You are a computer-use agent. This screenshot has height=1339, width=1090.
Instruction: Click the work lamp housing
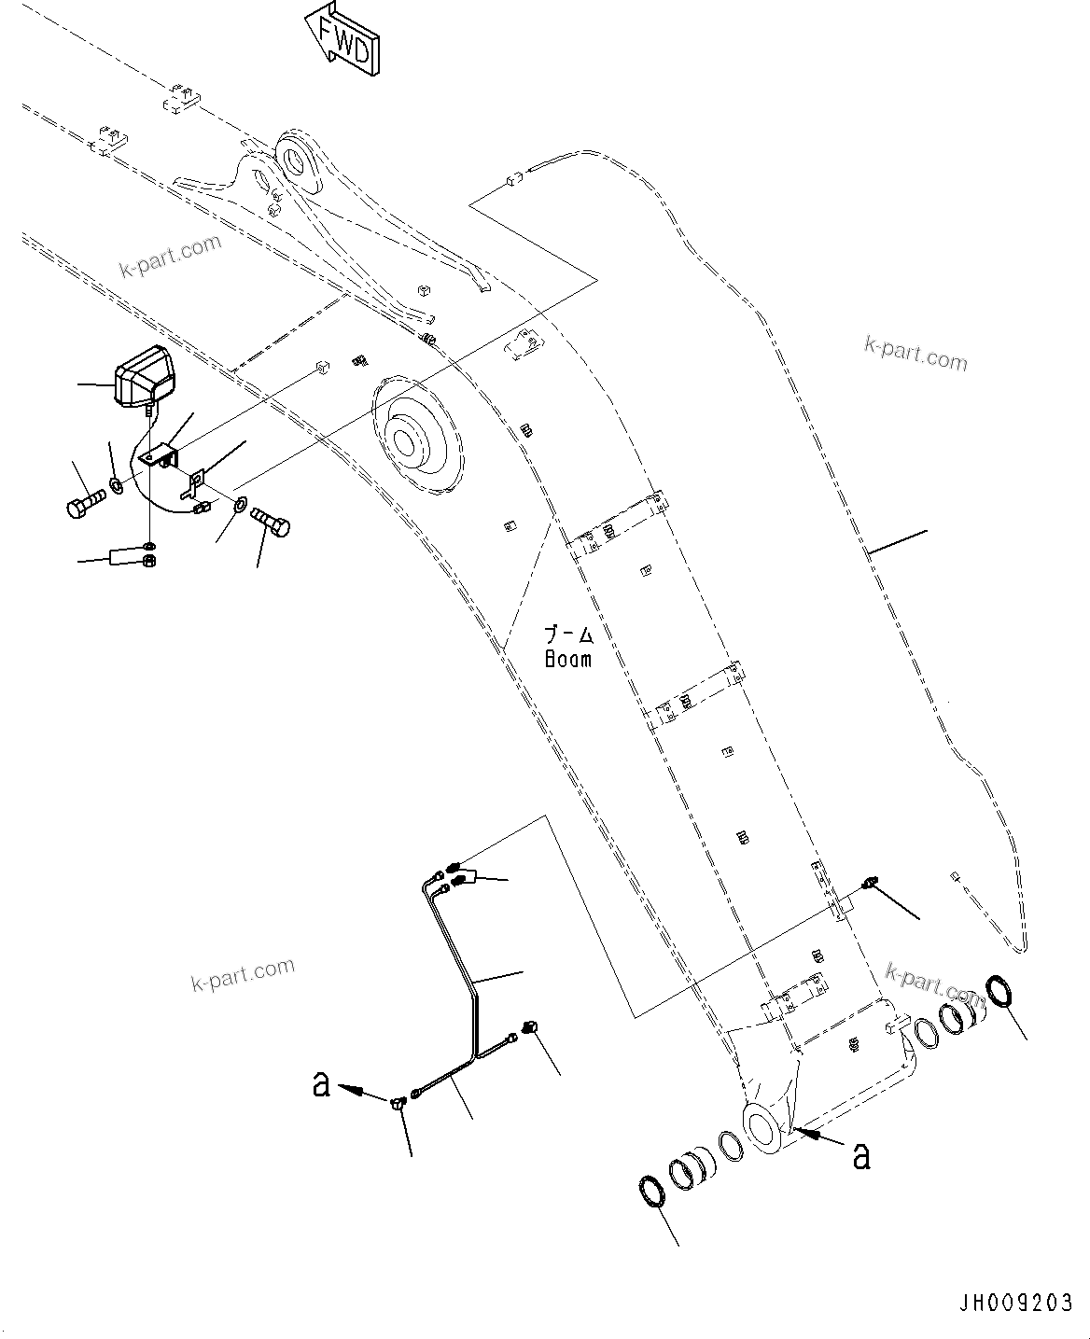point(143,376)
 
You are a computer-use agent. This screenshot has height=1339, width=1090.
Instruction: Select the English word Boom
point(567,658)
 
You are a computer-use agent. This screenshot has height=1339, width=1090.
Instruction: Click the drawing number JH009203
point(1013,1303)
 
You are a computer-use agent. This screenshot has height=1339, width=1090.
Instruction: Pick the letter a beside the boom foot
point(861,1155)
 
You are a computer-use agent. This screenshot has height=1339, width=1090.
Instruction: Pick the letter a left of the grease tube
point(322,1083)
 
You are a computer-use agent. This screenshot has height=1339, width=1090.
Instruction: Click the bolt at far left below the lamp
point(82,505)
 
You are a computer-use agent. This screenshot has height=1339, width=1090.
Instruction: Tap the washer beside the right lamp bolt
point(238,505)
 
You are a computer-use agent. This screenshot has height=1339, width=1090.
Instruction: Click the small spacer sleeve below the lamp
point(124,557)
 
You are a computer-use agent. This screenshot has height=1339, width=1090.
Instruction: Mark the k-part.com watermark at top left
point(171,256)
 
